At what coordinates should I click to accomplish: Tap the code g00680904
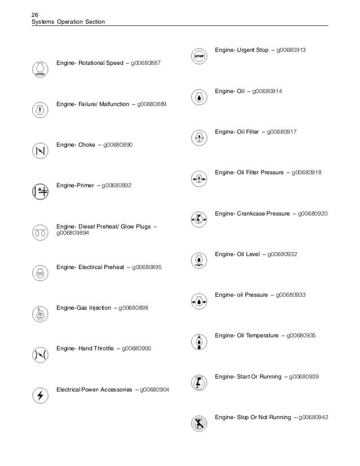click(x=157, y=389)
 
